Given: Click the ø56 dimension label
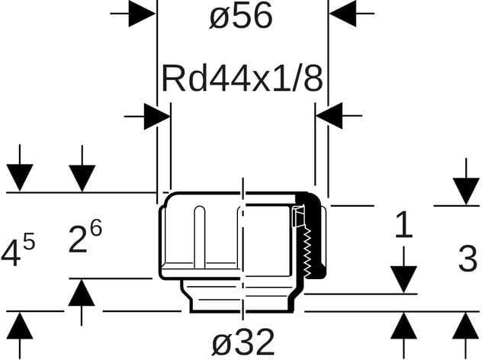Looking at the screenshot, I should [241, 18].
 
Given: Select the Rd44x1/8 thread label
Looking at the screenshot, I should [242, 79].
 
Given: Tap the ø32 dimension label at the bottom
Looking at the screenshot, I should [243, 343].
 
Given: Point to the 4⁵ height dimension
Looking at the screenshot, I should [18, 252].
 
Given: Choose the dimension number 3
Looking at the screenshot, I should [468, 259].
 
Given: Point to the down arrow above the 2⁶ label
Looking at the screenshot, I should [82, 177].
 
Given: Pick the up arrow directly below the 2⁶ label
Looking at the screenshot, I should [82, 292].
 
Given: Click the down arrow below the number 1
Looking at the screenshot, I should [404, 278].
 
